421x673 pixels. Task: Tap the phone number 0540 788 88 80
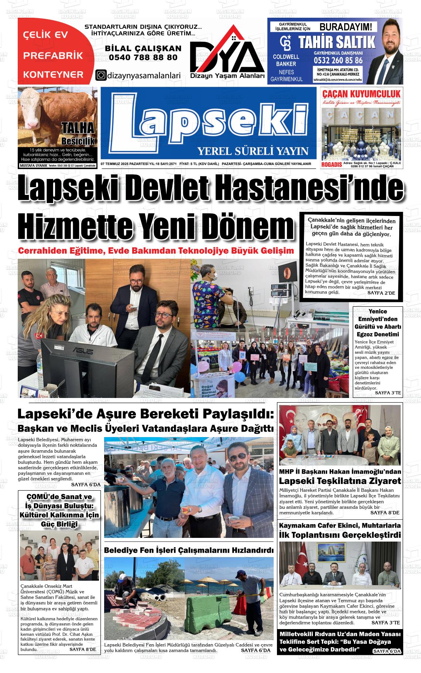[x=143, y=58]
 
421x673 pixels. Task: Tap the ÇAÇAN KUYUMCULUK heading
[x=361, y=93]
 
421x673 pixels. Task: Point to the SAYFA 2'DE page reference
[x=381, y=293]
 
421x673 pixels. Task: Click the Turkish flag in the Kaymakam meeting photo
[x=304, y=557]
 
